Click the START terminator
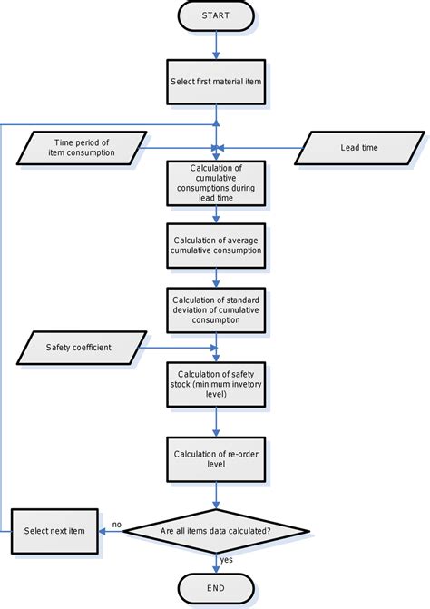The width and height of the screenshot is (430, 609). point(216,16)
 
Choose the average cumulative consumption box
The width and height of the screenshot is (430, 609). point(216,245)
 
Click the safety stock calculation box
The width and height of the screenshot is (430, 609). point(216,383)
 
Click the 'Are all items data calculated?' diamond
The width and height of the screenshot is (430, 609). point(216,531)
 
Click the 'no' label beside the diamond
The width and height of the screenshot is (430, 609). point(117,524)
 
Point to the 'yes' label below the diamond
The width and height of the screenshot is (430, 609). point(227,560)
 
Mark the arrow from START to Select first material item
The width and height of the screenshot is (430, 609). point(216,44)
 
